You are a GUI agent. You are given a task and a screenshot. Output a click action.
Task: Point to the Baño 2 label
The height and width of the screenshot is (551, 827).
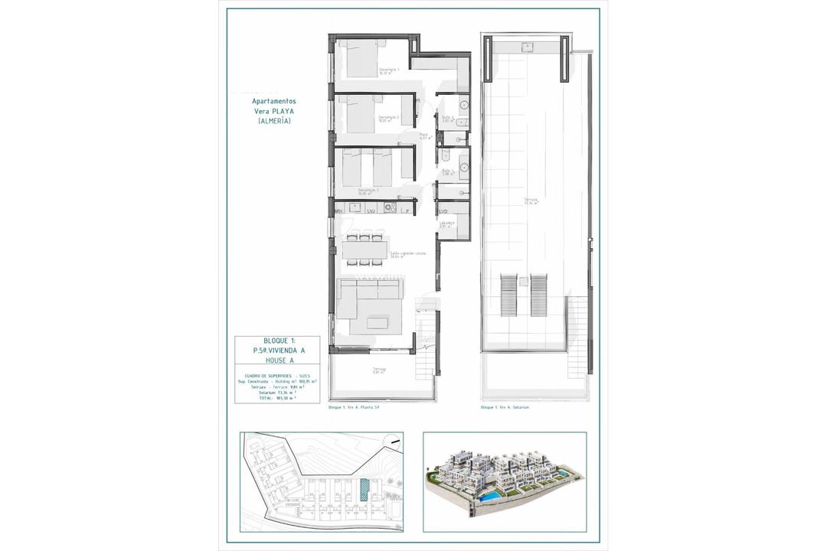(448, 119)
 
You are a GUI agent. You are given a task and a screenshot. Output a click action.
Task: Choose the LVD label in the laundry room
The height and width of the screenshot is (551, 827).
(443, 210)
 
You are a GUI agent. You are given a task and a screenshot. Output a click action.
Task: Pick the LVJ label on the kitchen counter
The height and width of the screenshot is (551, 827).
(371, 211)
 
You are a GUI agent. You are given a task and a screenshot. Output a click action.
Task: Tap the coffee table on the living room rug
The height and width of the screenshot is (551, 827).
(377, 324)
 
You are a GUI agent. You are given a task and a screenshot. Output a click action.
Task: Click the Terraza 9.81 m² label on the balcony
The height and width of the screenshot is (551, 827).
(379, 370)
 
